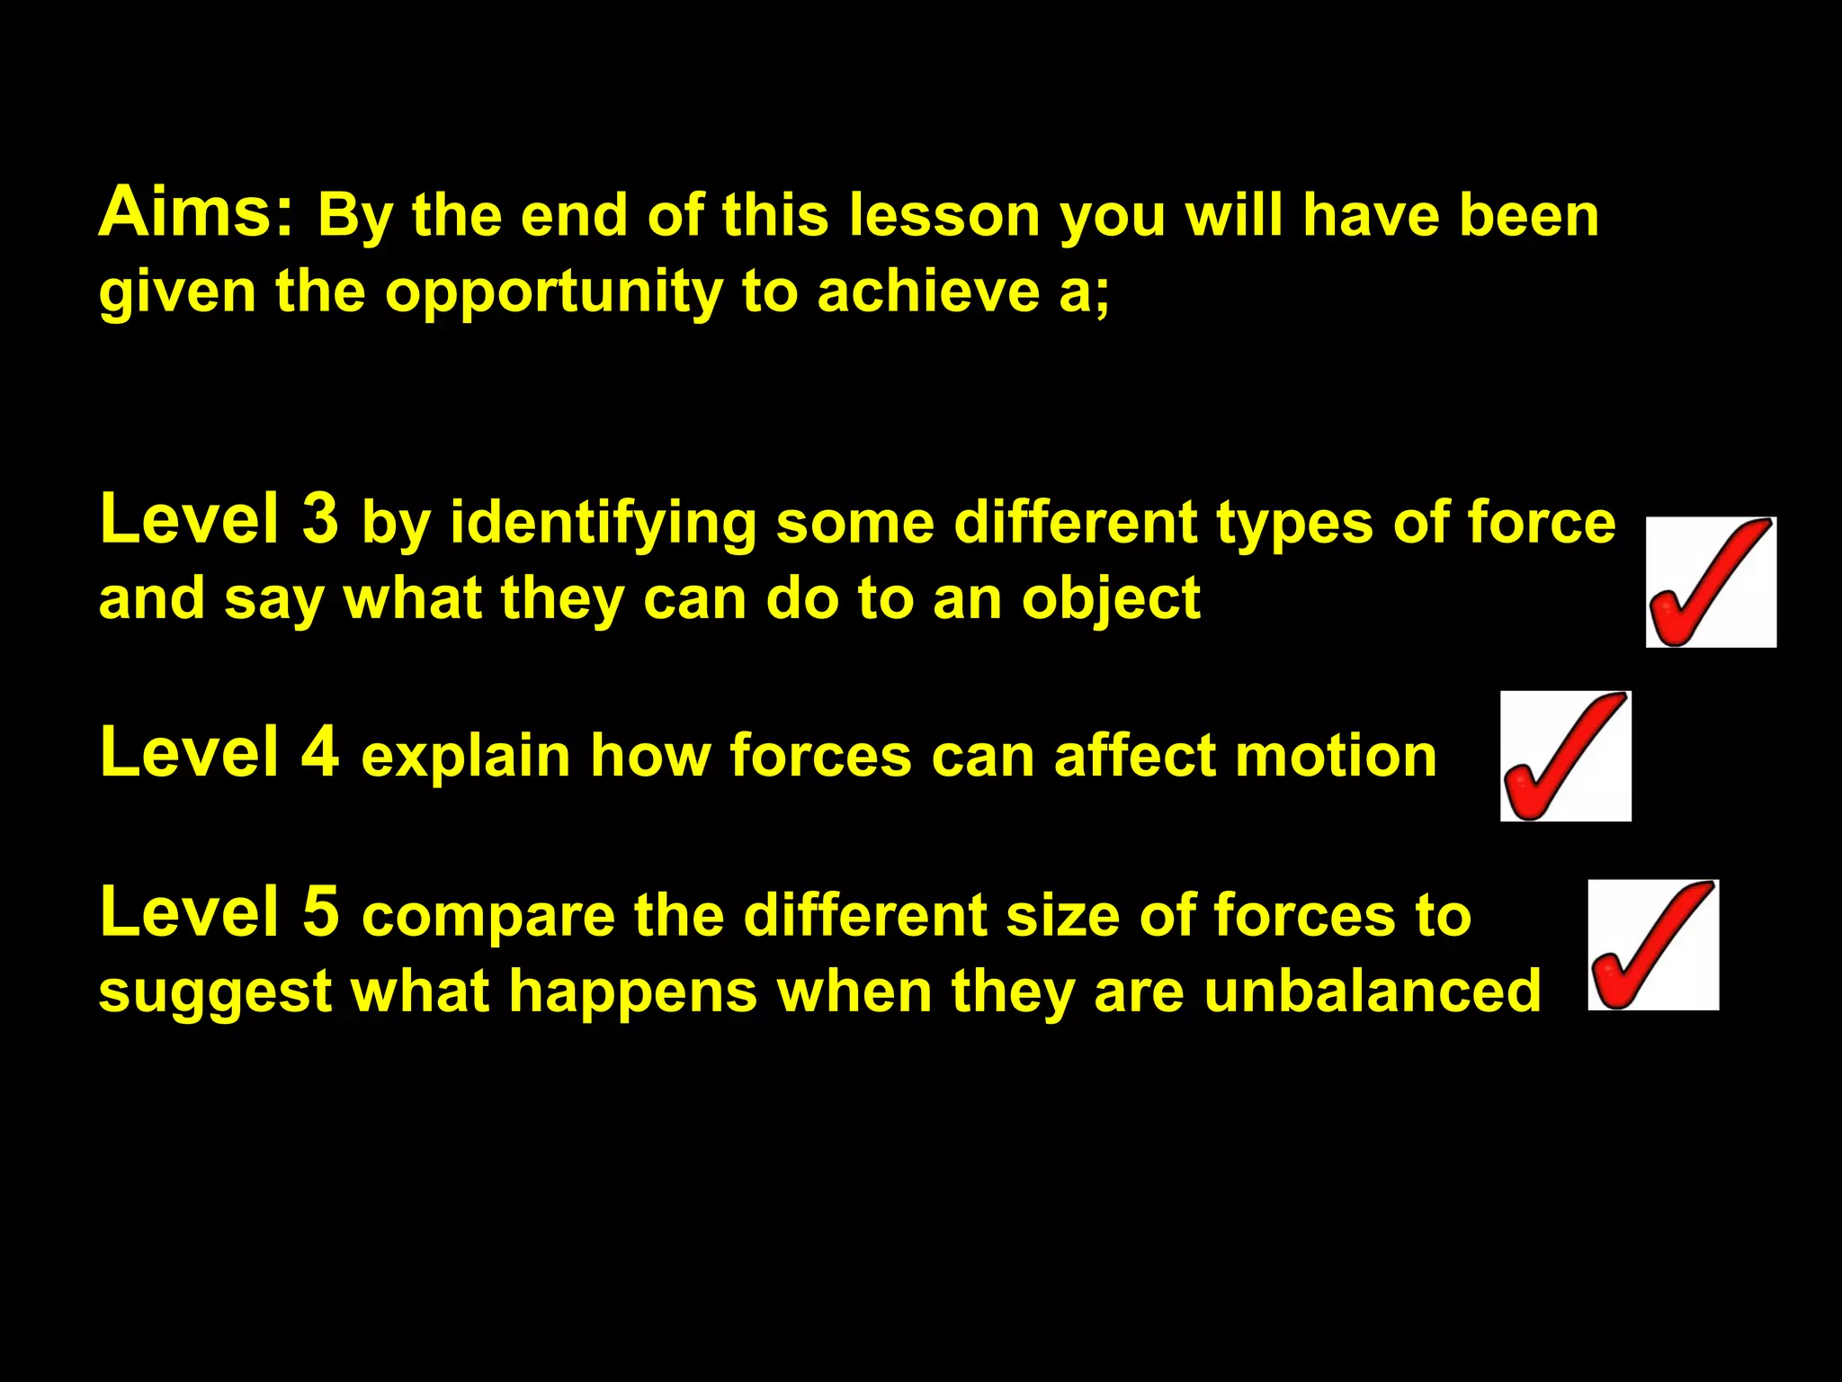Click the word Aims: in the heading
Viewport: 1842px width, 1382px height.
point(196,212)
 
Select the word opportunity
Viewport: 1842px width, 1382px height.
point(553,293)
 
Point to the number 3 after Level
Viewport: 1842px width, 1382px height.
point(320,519)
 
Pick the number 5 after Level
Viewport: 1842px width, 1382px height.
point(320,911)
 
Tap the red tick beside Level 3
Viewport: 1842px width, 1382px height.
point(1711,582)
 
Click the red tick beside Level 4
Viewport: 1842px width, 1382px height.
point(1565,756)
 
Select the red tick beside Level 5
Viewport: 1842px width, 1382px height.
point(1653,945)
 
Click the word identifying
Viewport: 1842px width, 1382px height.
point(604,524)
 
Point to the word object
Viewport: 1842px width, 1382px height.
point(1111,599)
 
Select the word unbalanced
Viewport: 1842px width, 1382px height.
point(1373,991)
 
